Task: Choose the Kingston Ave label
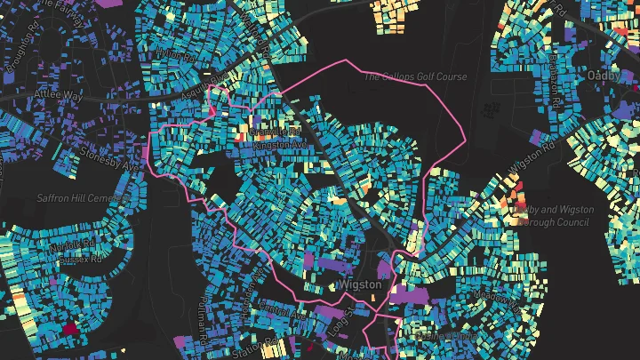click(x=279, y=144)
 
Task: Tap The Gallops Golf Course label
click(x=414, y=77)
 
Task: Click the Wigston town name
click(x=360, y=284)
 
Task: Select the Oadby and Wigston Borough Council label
click(x=554, y=214)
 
